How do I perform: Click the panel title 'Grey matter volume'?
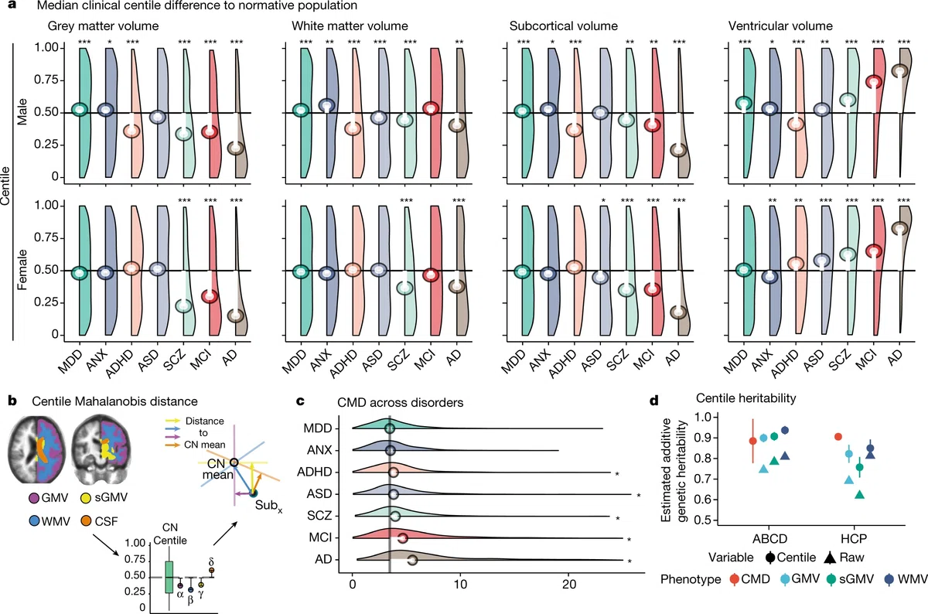pyautogui.click(x=103, y=26)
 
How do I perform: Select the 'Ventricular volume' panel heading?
pyautogui.click(x=780, y=26)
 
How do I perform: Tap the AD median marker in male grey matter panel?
pyautogui.click(x=236, y=148)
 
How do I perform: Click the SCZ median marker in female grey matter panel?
pyautogui.click(x=183, y=305)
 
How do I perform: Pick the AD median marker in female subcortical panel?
pyautogui.click(x=679, y=312)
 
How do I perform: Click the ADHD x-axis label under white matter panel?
pyautogui.click(x=345, y=363)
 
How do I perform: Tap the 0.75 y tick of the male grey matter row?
pyautogui.click(x=46, y=80)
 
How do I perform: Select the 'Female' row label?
pyautogui.click(x=22, y=269)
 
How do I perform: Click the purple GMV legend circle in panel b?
pyautogui.click(x=34, y=497)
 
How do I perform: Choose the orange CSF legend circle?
pyautogui.click(x=86, y=520)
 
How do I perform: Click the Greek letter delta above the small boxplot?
pyautogui.click(x=211, y=561)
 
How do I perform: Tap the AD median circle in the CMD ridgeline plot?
pyautogui.click(x=412, y=560)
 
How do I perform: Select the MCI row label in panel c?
pyautogui.click(x=320, y=537)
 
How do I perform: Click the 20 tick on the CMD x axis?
pyautogui.click(x=569, y=584)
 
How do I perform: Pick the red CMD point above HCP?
pyautogui.click(x=838, y=437)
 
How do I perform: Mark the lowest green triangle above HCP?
pyautogui.click(x=860, y=494)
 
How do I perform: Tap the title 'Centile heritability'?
pyautogui.click(x=745, y=398)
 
